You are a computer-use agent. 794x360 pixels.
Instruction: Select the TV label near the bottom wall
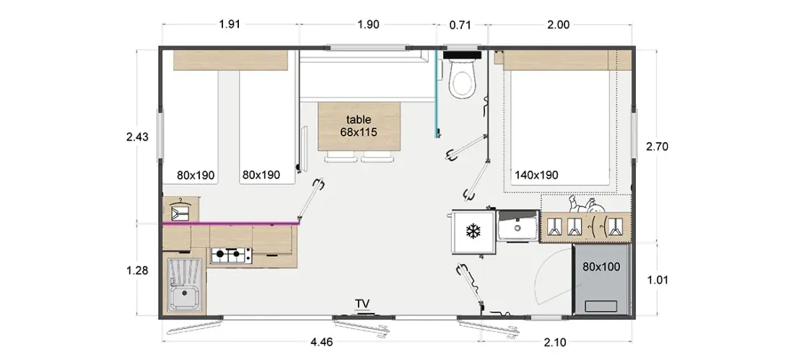pos(362,303)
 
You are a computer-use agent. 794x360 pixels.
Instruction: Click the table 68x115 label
pos(359,126)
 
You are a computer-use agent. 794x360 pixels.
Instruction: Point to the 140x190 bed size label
pos(536,175)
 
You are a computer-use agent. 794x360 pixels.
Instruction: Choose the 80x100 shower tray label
pos(601,267)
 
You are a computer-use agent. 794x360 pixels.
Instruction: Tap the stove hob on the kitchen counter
pos(232,255)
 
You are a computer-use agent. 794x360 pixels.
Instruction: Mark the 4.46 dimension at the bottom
pos(321,342)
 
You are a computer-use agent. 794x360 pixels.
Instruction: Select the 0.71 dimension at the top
pos(461,25)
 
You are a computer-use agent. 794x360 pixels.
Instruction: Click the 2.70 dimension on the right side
pos(658,147)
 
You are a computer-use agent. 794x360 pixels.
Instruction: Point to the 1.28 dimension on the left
pos(137,271)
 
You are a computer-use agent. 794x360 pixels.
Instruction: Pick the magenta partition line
pos(231,223)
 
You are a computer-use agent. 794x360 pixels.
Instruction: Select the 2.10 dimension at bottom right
pos(555,342)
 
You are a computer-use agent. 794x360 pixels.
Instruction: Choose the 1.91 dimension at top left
pos(230,25)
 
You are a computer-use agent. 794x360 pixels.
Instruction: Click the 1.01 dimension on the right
pos(658,280)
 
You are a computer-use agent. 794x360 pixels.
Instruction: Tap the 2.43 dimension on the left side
pos(137,136)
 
